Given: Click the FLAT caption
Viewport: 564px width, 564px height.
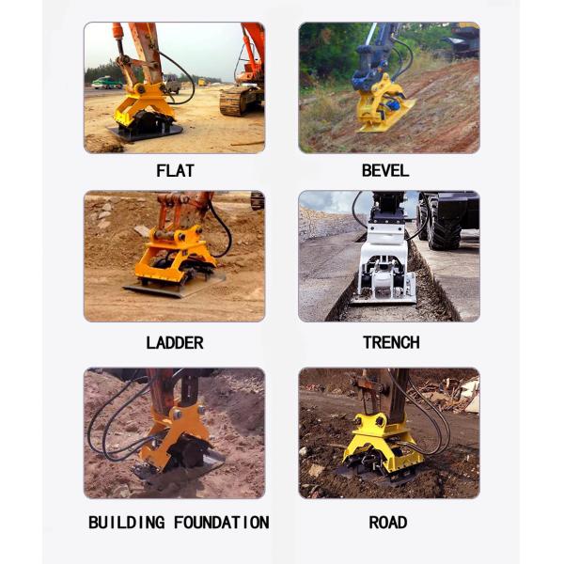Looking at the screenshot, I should tap(175, 170).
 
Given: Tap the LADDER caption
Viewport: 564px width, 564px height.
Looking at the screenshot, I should tap(175, 342).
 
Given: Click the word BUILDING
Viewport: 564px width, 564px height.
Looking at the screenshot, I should tap(127, 522).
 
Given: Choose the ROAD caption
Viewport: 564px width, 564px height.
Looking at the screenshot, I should tap(387, 522).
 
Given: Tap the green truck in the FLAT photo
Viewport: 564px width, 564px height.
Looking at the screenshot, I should tap(106, 83).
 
